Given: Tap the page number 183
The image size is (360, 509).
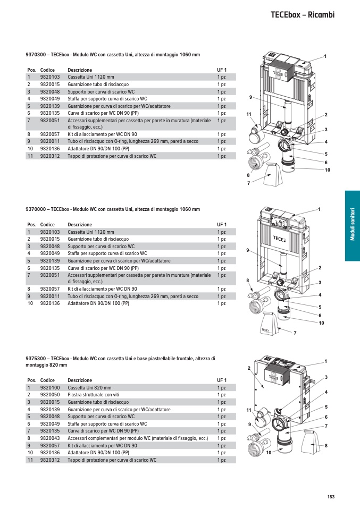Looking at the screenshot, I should pos(331,497).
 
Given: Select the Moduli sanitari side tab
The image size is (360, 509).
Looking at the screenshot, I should pos(352,226).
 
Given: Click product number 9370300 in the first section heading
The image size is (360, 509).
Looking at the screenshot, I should pos(35,55).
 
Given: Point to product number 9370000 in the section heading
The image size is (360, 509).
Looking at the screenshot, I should pos(35,209).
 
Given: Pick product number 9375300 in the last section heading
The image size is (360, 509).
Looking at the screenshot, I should pos(35,359).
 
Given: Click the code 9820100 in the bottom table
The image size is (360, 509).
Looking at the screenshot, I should pos(50,388).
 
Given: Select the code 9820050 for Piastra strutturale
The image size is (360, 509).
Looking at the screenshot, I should pos(50,395).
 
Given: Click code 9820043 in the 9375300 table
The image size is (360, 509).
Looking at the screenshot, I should pos(50,438).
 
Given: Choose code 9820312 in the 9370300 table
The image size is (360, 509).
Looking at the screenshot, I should pos(50,156).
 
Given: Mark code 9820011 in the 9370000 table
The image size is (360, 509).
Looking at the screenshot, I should pos(50,296).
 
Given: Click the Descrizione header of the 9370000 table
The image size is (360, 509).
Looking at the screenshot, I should pos(80,225).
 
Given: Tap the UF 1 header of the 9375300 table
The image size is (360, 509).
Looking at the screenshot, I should pos(222,380).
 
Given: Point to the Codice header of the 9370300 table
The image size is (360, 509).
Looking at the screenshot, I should pos(47,70).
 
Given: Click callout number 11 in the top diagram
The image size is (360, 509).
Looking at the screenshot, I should pos(248,114).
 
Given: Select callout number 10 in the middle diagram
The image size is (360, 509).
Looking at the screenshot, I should pos(321,323).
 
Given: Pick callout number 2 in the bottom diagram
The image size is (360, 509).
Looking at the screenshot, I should pos(248,368).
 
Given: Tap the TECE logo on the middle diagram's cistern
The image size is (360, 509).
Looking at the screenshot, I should pos(280,238).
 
